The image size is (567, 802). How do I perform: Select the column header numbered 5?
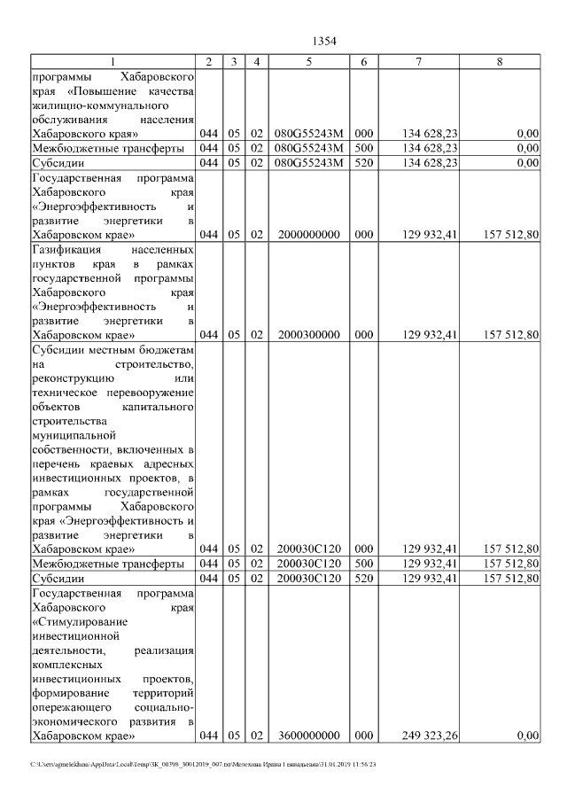pos(308,62)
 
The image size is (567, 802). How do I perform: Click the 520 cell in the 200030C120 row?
pos(364,578)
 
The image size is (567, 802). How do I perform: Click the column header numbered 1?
pos(113,62)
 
